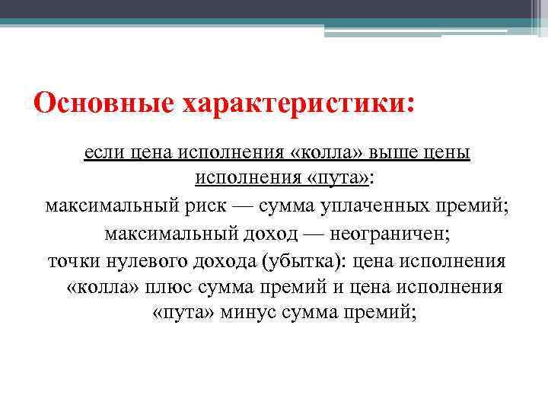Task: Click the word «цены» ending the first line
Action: click(x=449, y=153)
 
